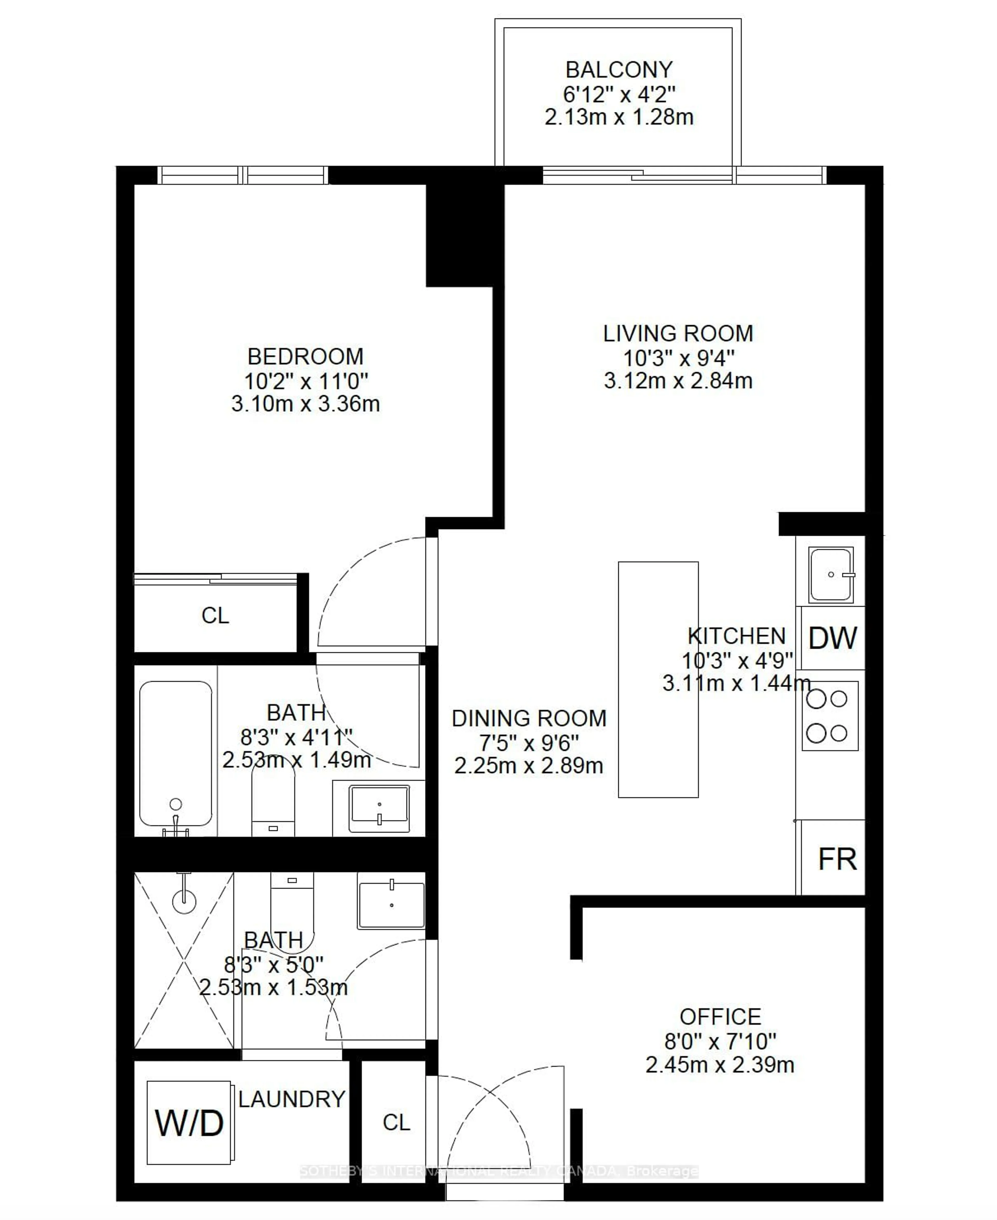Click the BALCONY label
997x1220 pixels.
point(618,70)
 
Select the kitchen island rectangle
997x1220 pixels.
point(658,679)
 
